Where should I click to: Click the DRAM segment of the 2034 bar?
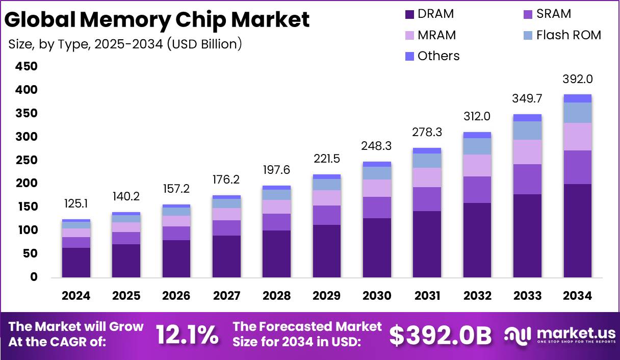(577, 230)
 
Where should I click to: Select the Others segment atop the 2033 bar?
(527, 118)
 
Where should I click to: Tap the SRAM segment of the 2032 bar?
(477, 190)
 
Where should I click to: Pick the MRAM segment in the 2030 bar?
(377, 188)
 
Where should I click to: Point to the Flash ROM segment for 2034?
(577, 113)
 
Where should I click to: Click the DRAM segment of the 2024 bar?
(76, 262)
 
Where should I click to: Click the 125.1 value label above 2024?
(76, 204)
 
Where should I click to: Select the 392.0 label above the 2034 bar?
(577, 80)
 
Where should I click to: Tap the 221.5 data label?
(327, 159)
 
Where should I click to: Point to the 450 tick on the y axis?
(26, 67)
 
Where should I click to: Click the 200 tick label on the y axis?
(26, 184)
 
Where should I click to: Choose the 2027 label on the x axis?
(227, 296)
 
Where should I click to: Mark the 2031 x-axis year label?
(427, 296)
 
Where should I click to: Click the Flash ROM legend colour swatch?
(528, 36)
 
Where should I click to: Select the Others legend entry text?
(438, 56)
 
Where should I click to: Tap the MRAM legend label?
(436, 35)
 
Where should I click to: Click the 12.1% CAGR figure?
(187, 335)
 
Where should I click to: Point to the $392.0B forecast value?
(441, 336)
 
